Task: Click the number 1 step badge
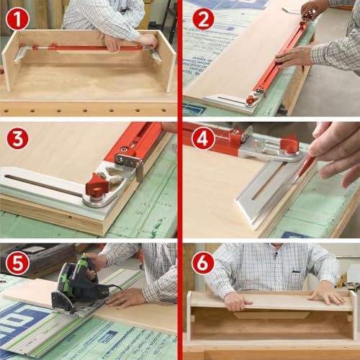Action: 17,19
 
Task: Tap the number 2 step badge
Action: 203,19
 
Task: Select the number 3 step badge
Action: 17,138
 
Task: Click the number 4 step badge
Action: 203,138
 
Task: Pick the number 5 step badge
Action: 17,263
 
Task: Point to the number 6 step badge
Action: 203,263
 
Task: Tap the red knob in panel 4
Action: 290,143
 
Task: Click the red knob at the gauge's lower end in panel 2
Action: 250,100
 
